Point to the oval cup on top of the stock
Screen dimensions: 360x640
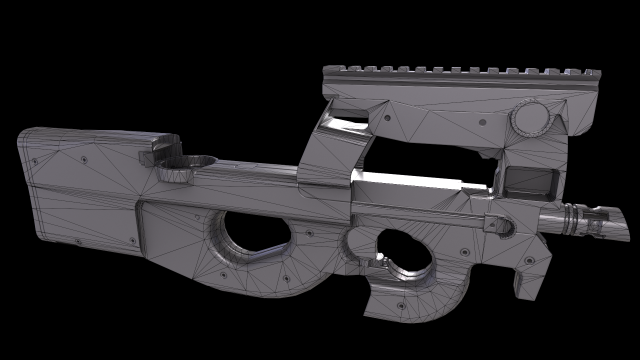coord(185,161)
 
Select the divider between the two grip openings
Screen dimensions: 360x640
coord(330,245)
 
